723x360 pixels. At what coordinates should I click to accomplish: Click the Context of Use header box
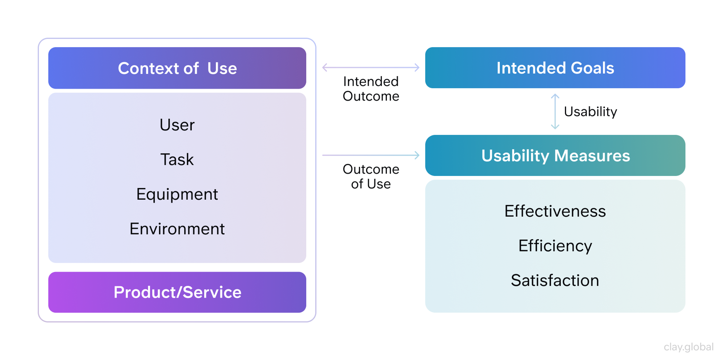177,68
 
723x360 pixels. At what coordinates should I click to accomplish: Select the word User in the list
177,125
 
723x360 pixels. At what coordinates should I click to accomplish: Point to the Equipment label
177,194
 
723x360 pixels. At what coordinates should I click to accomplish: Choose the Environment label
177,229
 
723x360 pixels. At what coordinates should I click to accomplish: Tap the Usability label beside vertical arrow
590,112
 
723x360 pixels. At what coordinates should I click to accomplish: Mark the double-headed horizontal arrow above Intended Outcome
371,67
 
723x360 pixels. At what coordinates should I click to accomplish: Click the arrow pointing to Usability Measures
371,155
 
